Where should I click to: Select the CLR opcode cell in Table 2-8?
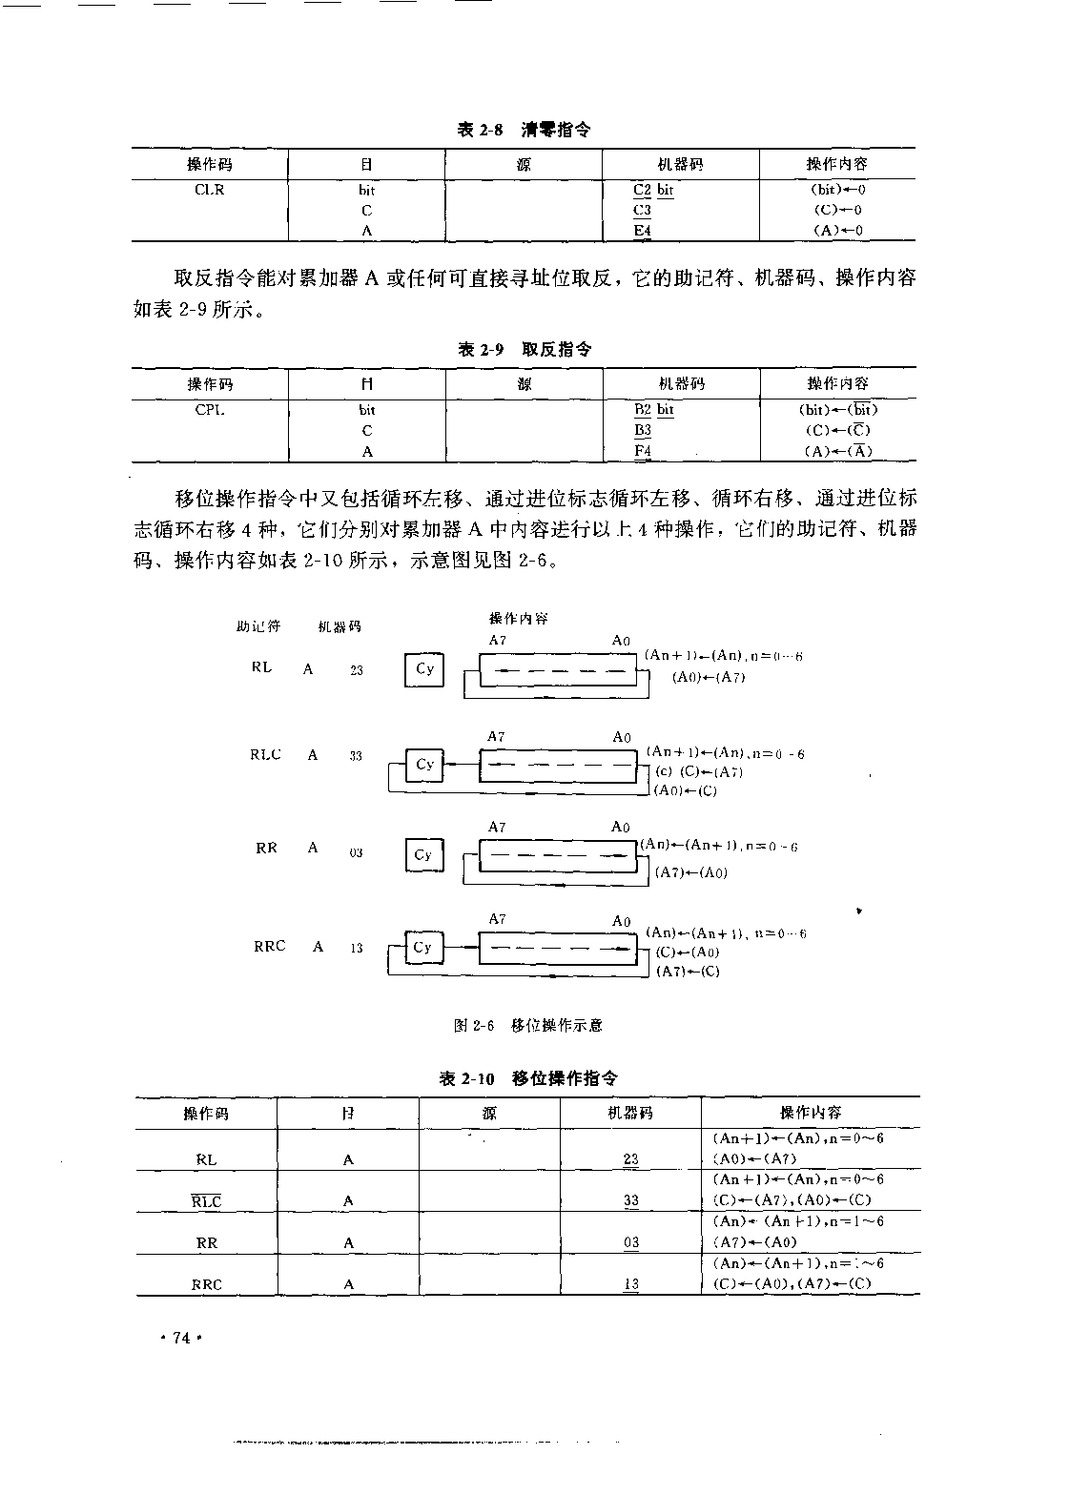tap(210, 190)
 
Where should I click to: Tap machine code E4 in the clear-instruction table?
tap(642, 231)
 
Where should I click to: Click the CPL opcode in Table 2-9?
tap(210, 410)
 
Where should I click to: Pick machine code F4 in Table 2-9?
tap(643, 452)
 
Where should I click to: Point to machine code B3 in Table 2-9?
tap(643, 430)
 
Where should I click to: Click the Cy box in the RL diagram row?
tap(424, 669)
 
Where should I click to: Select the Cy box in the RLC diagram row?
tap(424, 765)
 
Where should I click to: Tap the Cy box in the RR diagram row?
tap(423, 855)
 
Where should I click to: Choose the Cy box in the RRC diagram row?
tap(422, 948)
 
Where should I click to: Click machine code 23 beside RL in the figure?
tap(357, 670)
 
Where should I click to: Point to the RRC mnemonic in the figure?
tap(270, 947)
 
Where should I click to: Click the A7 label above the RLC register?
tap(496, 737)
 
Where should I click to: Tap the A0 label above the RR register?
tap(621, 828)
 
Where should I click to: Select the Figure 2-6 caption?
tap(527, 1026)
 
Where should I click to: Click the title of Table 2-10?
tap(527, 1078)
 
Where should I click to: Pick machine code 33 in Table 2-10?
tap(631, 1201)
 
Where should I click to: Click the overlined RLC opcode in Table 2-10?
tap(206, 1201)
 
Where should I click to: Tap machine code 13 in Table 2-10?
tap(631, 1284)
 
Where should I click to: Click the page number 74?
tap(180, 1339)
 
